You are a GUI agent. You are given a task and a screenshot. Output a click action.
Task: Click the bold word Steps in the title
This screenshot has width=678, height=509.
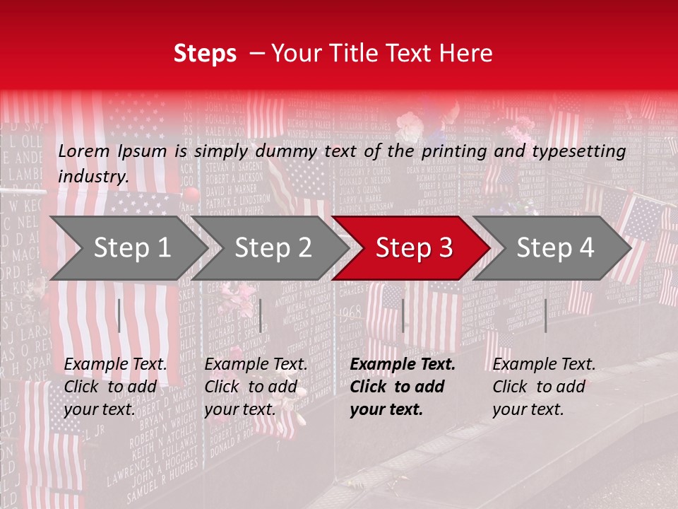coord(205,54)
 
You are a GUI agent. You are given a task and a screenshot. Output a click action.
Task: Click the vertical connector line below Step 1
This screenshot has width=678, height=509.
coord(119,315)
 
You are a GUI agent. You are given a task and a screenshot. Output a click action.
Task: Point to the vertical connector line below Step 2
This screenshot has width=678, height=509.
coord(261,315)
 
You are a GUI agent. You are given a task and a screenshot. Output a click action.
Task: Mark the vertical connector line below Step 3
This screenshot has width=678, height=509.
coord(403,315)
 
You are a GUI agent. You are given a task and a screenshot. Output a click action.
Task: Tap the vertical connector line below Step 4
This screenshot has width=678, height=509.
coord(545,315)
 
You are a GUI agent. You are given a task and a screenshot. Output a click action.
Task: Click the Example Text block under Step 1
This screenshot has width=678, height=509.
coord(115,387)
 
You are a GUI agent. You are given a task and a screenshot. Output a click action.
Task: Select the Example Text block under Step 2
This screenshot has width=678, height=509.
coord(256,387)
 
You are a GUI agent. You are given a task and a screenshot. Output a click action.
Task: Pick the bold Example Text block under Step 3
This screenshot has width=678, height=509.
coord(403,387)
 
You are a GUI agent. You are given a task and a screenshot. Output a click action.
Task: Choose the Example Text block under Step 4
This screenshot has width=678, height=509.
coord(544,387)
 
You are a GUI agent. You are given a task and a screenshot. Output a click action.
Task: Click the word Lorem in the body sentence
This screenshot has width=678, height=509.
coord(83,151)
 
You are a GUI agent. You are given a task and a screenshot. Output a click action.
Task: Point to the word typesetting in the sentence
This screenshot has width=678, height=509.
coord(583,151)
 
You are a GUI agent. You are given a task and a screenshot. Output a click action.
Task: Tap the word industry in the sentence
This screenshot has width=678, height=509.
coord(93,177)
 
